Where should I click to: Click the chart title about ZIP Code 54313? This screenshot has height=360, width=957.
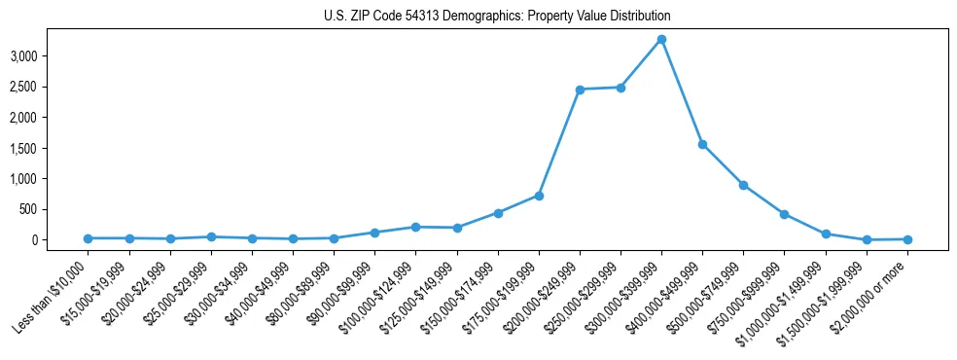497,17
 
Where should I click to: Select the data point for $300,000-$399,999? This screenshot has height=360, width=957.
661,40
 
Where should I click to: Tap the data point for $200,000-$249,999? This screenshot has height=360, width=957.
580,90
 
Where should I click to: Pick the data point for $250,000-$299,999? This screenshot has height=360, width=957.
620,88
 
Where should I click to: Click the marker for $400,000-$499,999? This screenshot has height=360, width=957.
702,144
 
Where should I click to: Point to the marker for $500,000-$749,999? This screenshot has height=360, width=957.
743,185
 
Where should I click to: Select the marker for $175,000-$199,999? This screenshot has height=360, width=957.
539,196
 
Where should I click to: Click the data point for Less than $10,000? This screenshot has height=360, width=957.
89,238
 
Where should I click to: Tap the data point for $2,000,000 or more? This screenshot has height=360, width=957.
907,239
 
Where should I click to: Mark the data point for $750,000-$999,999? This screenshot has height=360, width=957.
784,214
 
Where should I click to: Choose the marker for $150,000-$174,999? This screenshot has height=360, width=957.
498,213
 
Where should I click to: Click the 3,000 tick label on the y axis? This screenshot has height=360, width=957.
52,56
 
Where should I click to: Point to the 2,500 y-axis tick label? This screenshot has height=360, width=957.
52,88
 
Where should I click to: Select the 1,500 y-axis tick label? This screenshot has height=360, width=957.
52,148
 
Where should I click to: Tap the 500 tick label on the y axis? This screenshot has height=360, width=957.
56,209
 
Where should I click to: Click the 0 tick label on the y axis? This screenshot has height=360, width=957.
61,240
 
